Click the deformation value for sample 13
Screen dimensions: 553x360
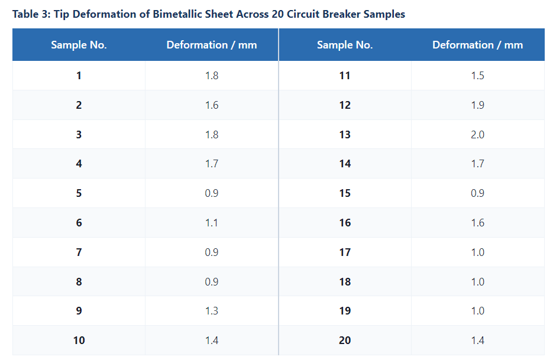477,134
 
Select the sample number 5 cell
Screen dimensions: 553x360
79,193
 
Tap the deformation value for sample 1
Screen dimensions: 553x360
212,76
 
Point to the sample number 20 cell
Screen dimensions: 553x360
345,340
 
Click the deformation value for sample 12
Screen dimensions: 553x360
477,105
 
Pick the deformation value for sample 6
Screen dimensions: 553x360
212,223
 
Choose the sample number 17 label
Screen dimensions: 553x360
345,252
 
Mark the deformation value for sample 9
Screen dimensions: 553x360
212,310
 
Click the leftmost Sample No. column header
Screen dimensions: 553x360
79,45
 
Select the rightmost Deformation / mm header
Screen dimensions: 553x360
477,45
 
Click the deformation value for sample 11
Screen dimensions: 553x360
477,76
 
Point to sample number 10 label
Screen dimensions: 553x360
79,340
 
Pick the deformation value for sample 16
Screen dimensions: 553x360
477,223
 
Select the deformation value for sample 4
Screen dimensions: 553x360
212,164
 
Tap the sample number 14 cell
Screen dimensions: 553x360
345,164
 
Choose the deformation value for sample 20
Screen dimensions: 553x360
477,340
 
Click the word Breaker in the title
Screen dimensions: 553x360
341,14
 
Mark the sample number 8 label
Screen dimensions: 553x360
79,282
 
